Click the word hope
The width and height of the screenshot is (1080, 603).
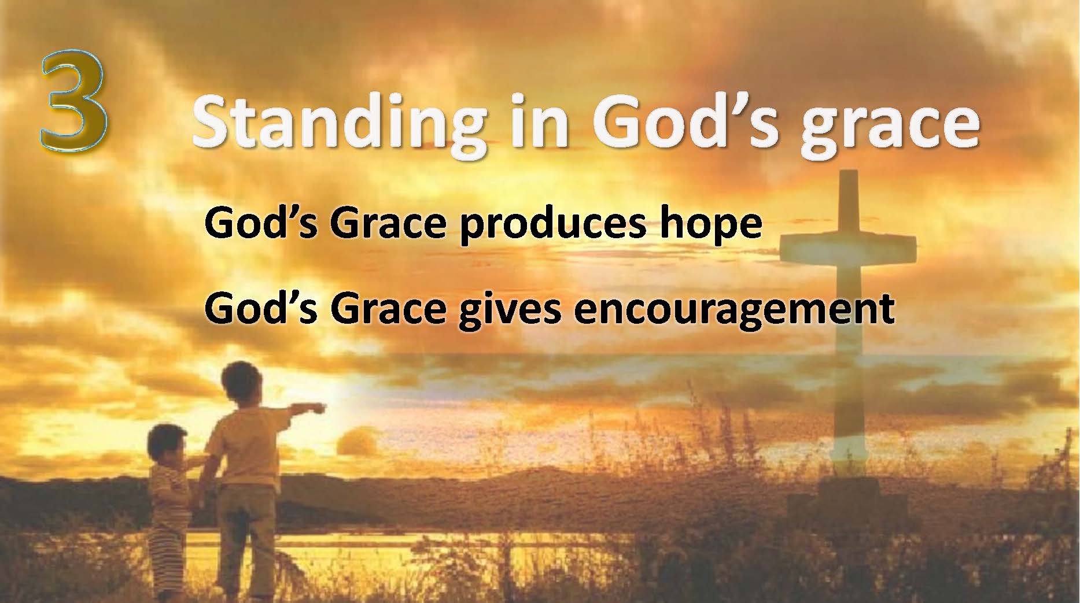coord(709,224)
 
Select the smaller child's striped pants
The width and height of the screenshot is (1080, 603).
coord(167,553)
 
